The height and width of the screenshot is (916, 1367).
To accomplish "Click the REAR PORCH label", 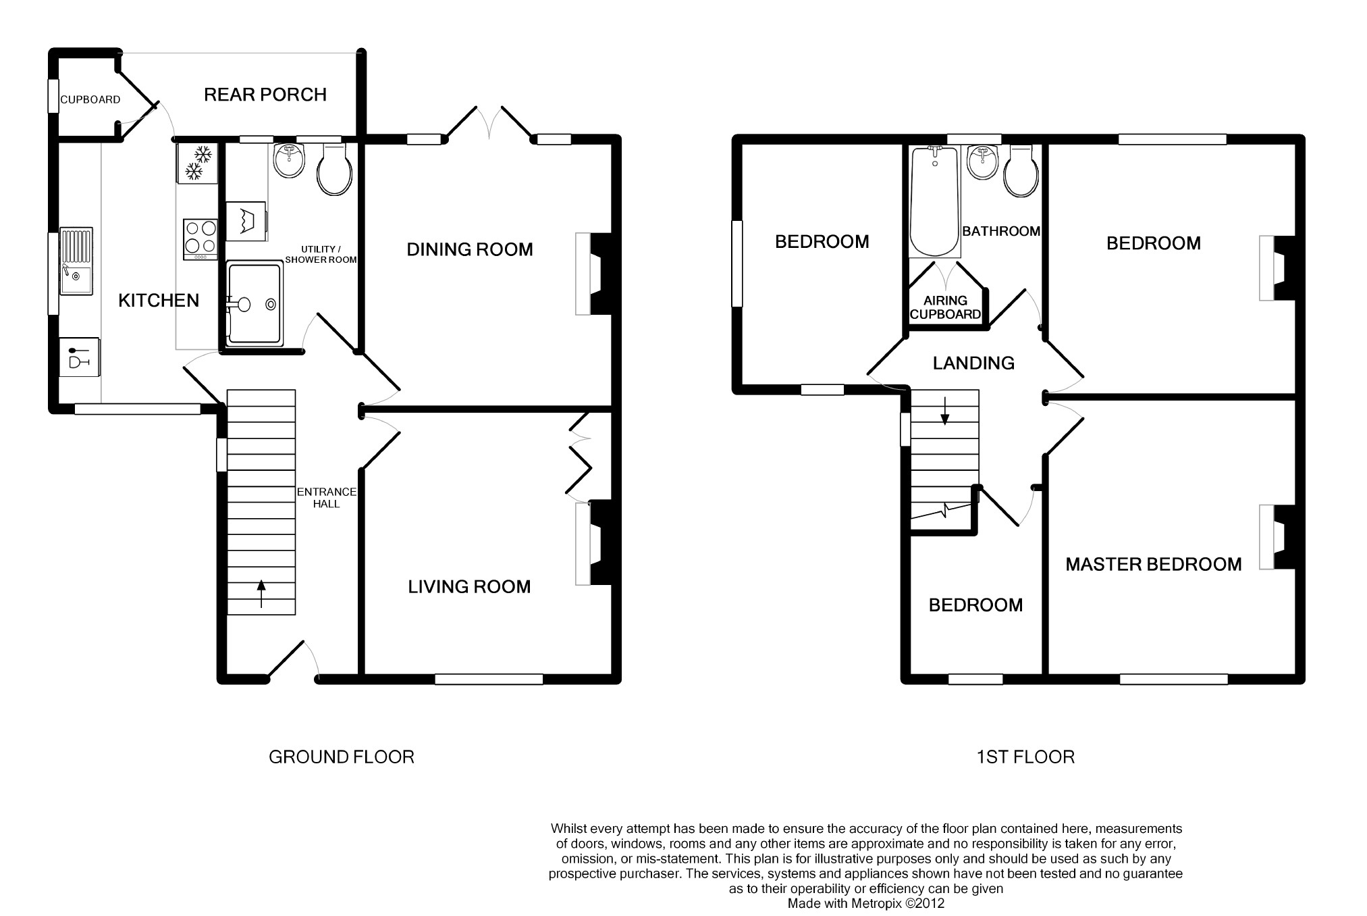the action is point(265,95).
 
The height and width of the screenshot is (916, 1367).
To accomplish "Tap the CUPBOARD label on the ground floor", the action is point(90,100).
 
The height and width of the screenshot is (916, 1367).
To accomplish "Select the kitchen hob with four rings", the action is point(200,239).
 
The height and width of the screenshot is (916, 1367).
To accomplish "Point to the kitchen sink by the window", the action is point(76,262).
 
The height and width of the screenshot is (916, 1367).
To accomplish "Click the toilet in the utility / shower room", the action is point(334,168).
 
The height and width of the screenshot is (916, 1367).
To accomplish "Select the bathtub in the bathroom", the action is point(934,201).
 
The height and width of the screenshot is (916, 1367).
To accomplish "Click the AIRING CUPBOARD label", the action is point(945,307).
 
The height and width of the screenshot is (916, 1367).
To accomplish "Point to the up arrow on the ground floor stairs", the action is point(261,594).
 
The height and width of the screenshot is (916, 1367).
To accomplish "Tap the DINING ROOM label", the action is point(470,250).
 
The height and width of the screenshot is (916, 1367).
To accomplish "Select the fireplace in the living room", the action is point(592,542).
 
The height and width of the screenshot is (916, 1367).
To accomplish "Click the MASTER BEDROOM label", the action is point(1154,565).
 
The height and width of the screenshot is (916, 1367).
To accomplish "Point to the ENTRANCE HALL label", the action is point(327,498).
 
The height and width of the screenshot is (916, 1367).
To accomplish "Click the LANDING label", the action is point(973,363).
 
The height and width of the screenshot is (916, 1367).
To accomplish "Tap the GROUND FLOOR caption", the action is point(342,757).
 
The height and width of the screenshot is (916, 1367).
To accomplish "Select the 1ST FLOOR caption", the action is point(1025,757).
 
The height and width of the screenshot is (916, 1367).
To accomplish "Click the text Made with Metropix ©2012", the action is point(866,903).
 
